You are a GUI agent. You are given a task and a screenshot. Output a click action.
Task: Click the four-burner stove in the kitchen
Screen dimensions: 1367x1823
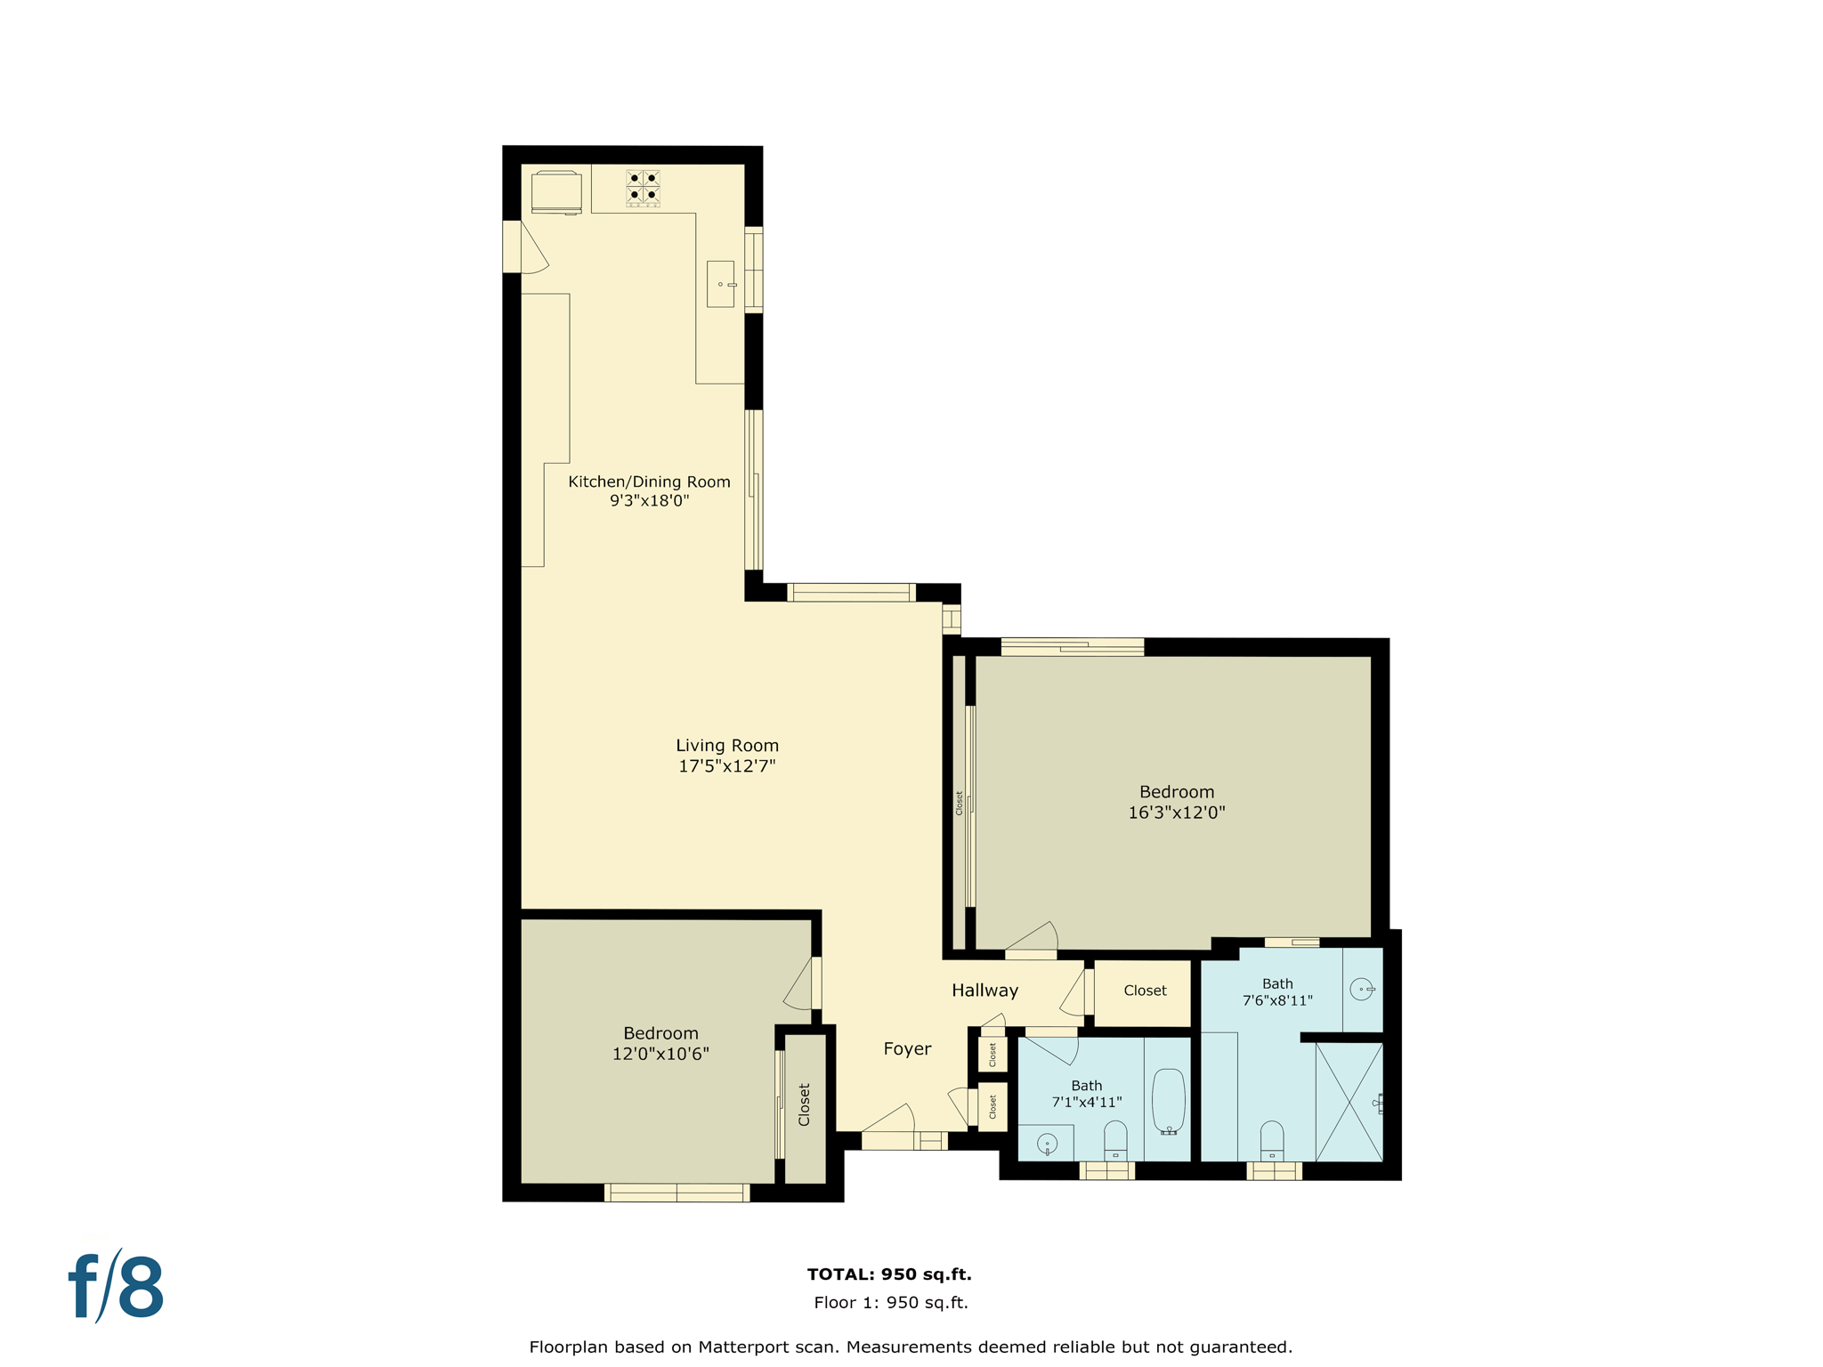[643, 188]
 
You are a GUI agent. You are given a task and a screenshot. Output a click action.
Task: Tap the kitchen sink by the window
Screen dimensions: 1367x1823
[720, 284]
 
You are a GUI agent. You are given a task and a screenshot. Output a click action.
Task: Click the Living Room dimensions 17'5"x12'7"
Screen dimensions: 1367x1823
[726, 766]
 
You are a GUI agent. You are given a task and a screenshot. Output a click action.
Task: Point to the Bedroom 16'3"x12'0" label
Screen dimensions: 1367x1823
[1176, 802]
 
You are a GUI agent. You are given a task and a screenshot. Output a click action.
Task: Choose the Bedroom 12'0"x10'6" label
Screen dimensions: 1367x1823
[660, 1043]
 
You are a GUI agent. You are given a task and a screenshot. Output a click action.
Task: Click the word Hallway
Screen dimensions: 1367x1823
[984, 991]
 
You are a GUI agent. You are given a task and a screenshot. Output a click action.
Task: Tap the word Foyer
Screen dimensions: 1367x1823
[907, 1049]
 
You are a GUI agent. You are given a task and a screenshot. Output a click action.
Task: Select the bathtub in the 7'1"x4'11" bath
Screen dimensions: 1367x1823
[1169, 1101]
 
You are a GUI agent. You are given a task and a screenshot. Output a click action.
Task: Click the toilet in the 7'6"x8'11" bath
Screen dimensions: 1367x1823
[1272, 1140]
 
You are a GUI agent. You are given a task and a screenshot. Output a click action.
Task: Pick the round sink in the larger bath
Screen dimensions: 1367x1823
[1361, 989]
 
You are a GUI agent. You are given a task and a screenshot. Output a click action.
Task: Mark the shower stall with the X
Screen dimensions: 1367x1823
[1349, 1102]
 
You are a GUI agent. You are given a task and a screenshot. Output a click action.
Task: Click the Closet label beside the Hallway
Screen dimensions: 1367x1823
[1145, 991]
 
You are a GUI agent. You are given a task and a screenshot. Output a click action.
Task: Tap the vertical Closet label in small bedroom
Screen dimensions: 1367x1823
[805, 1104]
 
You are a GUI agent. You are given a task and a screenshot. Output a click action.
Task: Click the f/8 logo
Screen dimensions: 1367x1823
[117, 1287]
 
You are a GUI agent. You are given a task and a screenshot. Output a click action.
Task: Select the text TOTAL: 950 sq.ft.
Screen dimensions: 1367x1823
[888, 1274]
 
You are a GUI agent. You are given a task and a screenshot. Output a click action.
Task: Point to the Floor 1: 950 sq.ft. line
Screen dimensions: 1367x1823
[890, 1303]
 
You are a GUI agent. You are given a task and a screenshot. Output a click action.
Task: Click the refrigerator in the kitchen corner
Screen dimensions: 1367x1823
[556, 191]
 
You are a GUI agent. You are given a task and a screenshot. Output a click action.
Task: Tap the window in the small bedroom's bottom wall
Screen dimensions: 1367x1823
[677, 1193]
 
